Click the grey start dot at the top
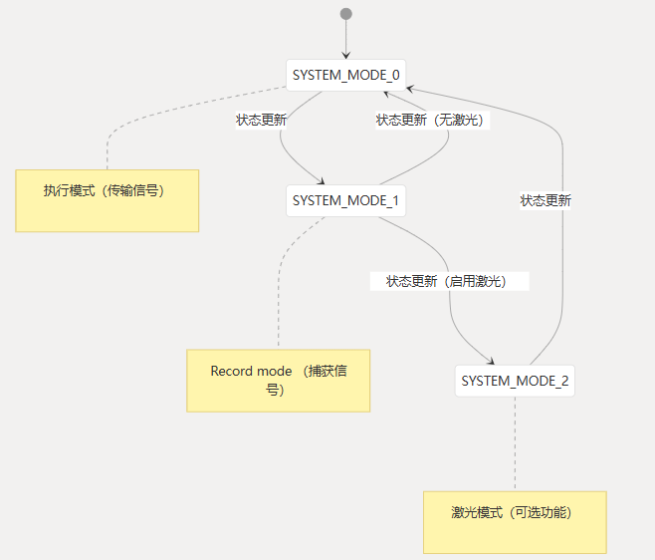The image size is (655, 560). coord(346,14)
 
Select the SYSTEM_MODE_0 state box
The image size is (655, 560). coord(345,75)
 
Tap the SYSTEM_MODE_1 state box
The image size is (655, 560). coord(345,201)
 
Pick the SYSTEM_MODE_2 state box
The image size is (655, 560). coord(515,381)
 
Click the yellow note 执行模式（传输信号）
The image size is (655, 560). coord(107,200)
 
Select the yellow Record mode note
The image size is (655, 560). coord(278,380)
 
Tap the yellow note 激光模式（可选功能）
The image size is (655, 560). coord(515,522)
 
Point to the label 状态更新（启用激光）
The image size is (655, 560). coord(447,281)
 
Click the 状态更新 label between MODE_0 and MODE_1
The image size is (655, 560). coord(262,121)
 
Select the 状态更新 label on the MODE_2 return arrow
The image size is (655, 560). coord(546,200)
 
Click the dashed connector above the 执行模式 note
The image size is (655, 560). coord(107,149)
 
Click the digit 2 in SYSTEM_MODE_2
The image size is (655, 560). coord(564,381)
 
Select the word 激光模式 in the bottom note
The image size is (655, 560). coord(477,513)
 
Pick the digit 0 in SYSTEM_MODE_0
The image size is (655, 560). coord(396,75)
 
